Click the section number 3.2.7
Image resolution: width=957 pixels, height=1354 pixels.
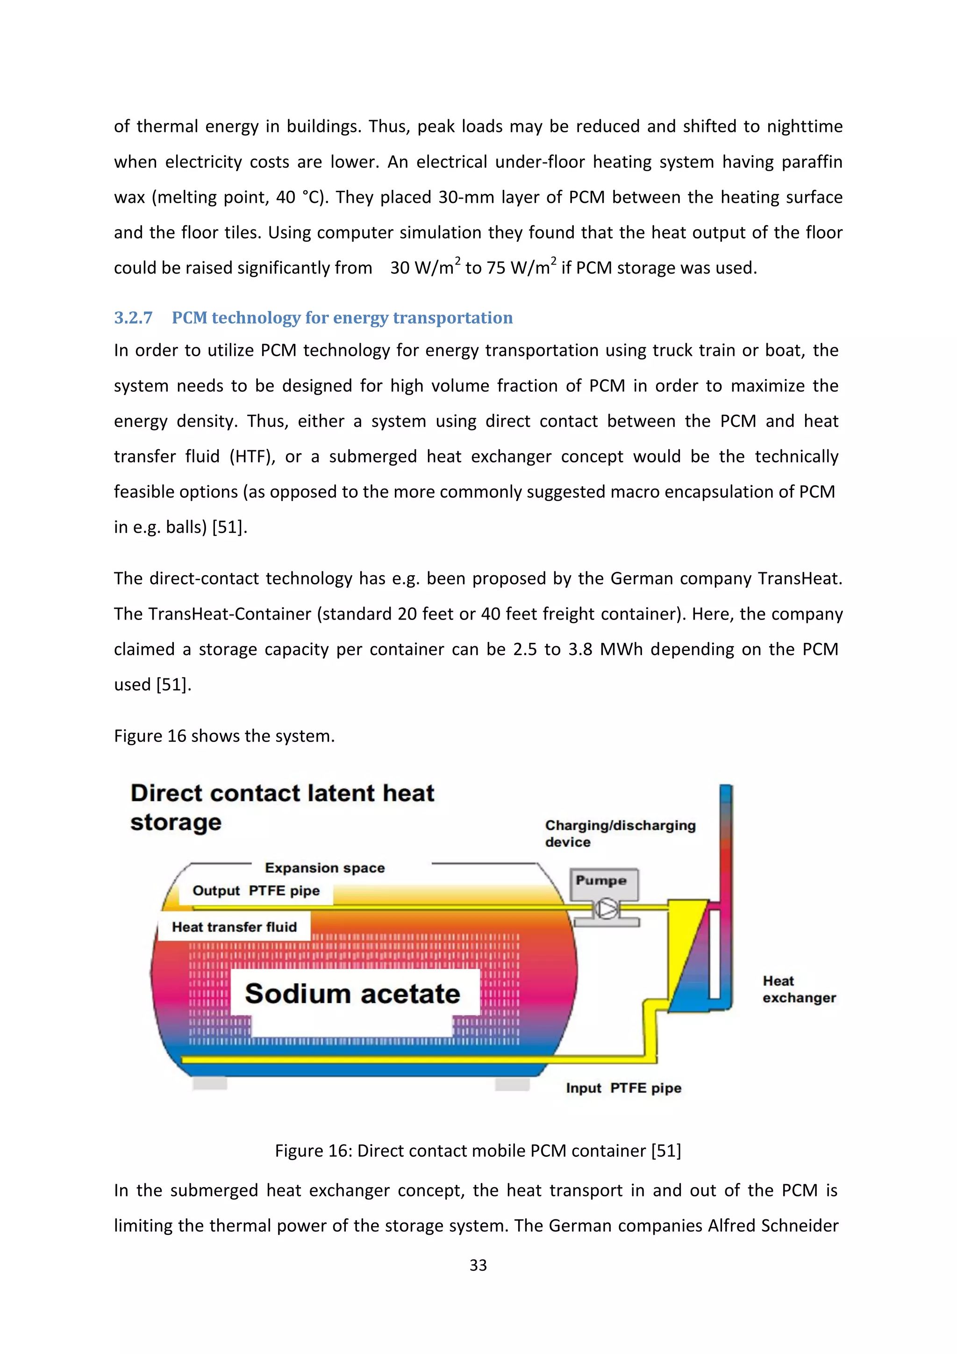pos(133,318)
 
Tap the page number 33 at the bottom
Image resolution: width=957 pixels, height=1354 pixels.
pos(478,1264)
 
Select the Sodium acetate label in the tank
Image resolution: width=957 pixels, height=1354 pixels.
pos(352,993)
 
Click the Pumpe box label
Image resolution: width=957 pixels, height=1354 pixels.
pos(600,880)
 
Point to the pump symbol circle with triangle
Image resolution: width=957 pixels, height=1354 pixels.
pos(606,909)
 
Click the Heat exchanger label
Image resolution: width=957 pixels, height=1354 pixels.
pos(799,989)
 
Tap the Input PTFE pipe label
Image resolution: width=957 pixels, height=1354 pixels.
pos(623,1088)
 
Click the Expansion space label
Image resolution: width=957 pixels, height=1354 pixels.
pos(325,868)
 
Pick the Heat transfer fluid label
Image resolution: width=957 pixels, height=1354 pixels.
pos(234,927)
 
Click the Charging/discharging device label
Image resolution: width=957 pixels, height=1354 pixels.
pos(620,833)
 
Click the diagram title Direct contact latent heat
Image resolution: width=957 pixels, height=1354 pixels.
pos(282,793)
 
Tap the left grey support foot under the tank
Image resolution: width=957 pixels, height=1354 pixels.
pos(210,1083)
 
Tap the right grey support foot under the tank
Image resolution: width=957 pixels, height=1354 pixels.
pos(512,1083)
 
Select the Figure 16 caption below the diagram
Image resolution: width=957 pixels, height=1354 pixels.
pos(478,1151)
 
